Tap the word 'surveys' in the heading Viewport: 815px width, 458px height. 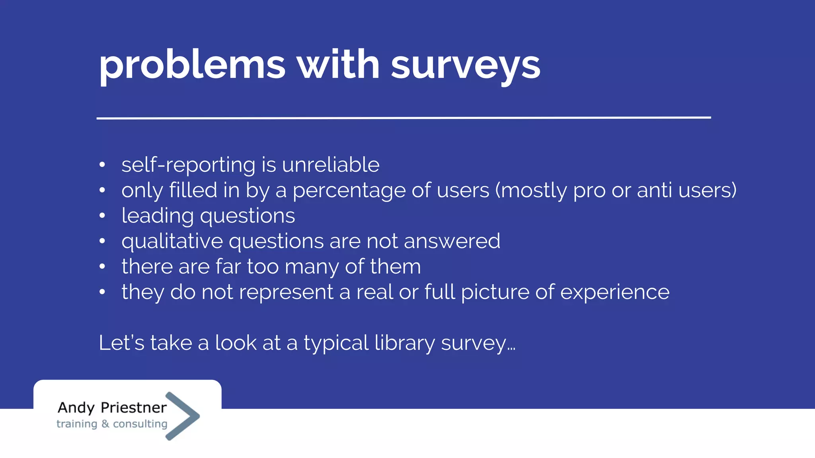click(465, 66)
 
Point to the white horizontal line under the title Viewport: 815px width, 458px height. click(404, 118)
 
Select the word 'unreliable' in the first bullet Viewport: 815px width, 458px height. click(331, 165)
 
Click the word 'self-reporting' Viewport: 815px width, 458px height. click(188, 165)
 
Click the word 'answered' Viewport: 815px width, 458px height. click(452, 241)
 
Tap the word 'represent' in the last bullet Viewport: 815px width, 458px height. click(286, 293)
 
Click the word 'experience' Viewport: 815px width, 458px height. click(615, 293)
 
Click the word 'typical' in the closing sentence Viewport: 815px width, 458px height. click(336, 343)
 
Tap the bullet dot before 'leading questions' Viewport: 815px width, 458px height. click(102, 215)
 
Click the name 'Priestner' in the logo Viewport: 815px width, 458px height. click(134, 408)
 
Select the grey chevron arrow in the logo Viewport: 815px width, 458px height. click(182, 416)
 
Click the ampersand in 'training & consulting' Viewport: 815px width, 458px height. click(105, 424)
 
